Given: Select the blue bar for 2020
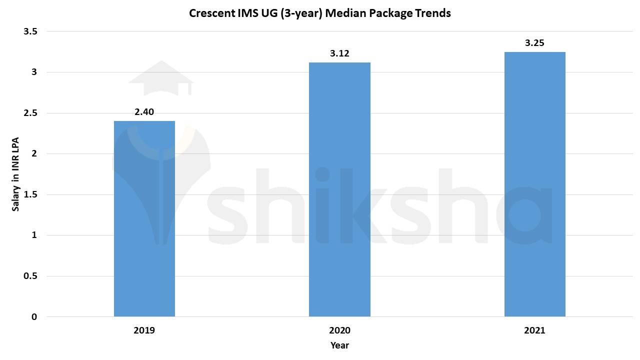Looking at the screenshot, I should coord(339,189).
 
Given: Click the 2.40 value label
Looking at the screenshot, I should coord(144,112).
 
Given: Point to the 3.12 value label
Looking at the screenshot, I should coord(339,53).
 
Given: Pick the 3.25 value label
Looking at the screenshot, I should coord(534,43).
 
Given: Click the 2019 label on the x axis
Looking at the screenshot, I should coord(144,330).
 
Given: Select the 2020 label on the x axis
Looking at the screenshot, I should coord(339,330).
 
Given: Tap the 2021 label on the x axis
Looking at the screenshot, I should coord(534,330).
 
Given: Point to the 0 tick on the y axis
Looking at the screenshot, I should coord(34,317).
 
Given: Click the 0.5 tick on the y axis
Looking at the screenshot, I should coord(30,276).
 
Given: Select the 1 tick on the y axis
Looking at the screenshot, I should coord(34,235).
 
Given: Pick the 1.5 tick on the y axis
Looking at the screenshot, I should coord(30,194).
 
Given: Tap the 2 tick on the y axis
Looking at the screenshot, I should coord(34,153).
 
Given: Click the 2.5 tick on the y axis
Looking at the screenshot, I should coord(30,113).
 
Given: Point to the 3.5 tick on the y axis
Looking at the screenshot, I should coord(30,31).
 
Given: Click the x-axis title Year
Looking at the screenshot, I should coord(339,345).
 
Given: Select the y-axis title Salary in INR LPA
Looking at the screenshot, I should coord(16,174).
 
